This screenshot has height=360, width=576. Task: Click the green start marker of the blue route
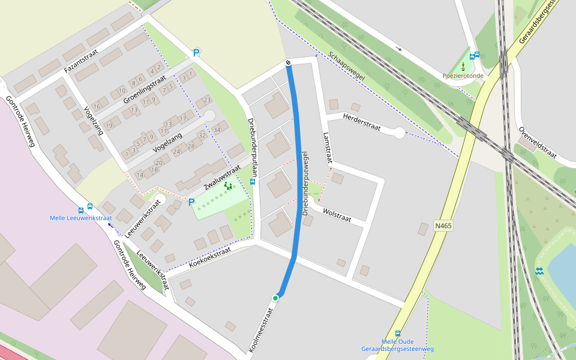(275, 298)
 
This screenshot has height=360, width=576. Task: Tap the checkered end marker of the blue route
(289, 62)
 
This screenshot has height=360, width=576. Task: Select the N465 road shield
(443, 226)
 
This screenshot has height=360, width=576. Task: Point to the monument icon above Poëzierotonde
(463, 65)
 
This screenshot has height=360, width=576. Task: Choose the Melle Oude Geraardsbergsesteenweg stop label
(397, 346)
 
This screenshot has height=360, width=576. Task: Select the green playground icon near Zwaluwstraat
(228, 186)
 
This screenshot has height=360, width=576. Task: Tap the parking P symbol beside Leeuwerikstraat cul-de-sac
(192, 203)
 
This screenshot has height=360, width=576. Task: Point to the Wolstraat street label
(337, 214)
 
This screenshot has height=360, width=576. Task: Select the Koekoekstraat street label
(210, 256)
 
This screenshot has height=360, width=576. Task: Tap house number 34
(217, 130)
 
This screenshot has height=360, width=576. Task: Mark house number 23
(207, 100)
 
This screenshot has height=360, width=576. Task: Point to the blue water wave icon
(539, 271)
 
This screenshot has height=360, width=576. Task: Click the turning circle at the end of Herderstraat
(400, 133)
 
